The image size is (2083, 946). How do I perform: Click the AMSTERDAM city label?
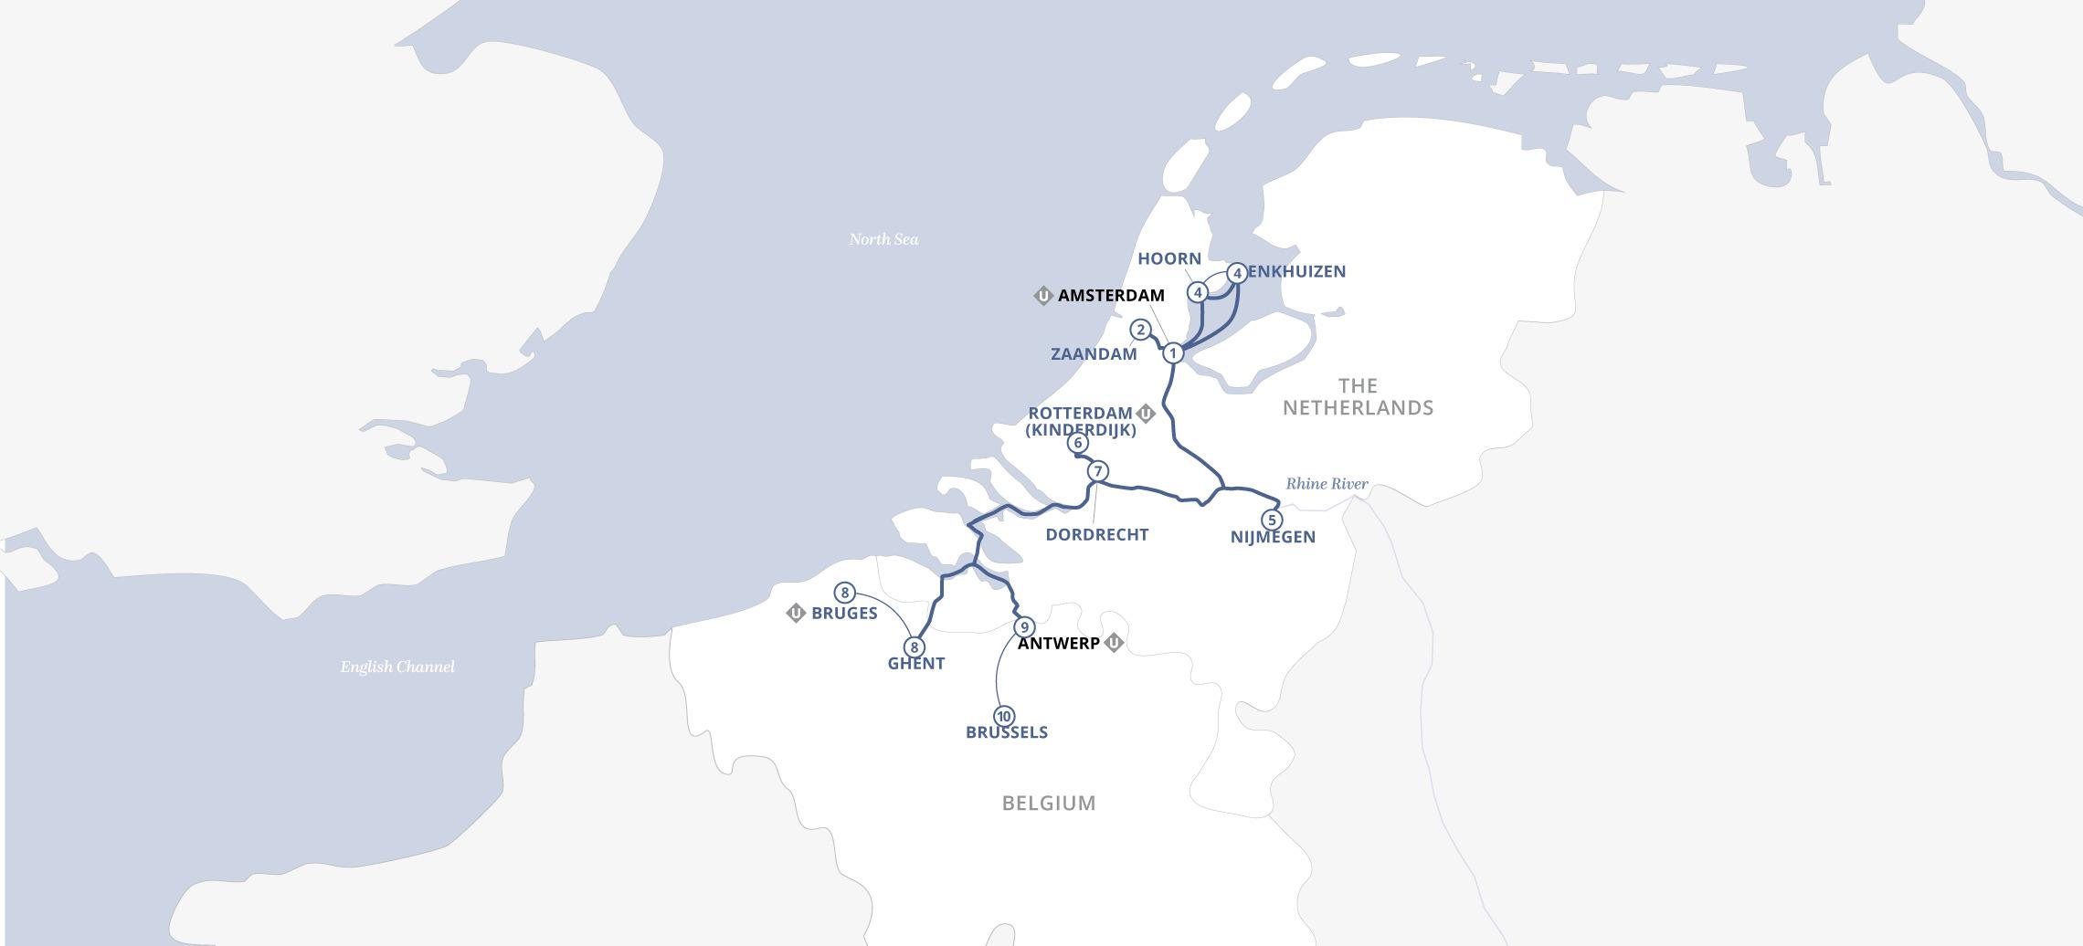coord(1110,296)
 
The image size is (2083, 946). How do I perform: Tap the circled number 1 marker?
coord(1173,352)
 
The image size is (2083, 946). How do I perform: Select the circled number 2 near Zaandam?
coord(1140,330)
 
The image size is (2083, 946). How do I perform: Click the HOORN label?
coord(1168,259)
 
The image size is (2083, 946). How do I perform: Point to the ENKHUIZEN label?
coord(1296,271)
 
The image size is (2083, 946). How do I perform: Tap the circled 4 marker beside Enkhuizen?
coord(1237,273)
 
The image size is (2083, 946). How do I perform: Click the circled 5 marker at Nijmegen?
coord(1272,520)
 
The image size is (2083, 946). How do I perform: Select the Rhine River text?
coord(1327,484)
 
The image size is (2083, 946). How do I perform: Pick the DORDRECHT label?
coord(1096,535)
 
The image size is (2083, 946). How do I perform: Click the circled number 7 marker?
coord(1097,471)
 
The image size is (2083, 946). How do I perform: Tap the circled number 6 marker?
coord(1078,443)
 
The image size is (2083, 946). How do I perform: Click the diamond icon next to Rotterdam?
coord(1146,414)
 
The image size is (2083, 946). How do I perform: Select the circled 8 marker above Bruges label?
coord(844,593)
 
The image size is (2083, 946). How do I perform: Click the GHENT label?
coord(915,664)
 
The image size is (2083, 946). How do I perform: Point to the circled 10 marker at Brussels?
coord(1003,716)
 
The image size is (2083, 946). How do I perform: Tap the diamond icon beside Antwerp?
coord(1114,643)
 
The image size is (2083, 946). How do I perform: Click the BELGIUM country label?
coord(1048,804)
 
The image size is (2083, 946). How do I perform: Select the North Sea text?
coord(883,239)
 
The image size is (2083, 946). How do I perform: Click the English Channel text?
coord(397,667)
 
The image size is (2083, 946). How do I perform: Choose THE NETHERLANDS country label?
coord(1358,397)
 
